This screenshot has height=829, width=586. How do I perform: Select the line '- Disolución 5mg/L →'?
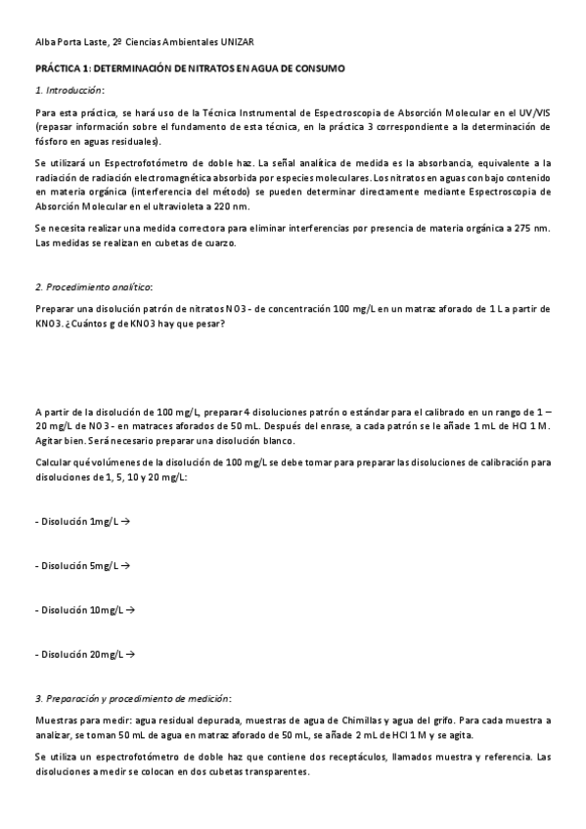point(82,565)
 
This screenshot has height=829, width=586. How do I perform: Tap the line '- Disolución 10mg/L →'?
point(84,609)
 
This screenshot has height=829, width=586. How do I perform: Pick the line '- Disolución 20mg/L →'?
point(84,653)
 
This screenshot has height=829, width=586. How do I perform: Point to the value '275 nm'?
point(533,228)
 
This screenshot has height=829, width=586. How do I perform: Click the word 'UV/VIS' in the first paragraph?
point(532,114)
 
